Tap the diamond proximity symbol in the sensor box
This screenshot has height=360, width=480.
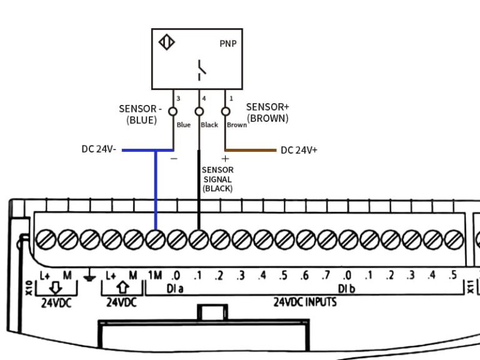[x=167, y=43]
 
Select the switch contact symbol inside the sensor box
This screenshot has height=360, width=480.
[x=201, y=69]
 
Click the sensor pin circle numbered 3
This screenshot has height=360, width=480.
[x=173, y=111]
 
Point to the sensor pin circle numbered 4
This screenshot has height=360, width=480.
[x=199, y=111]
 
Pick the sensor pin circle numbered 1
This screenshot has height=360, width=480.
[x=225, y=111]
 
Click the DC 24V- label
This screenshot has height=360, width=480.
[x=99, y=150]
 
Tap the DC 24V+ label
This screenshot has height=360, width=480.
[x=299, y=150]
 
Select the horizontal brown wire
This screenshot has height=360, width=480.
[x=250, y=150]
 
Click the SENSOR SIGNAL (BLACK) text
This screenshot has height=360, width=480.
[x=217, y=179]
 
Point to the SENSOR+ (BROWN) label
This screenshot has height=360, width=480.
[x=267, y=112]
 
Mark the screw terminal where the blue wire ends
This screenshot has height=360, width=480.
[x=155, y=239]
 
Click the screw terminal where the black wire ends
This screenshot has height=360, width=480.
[x=198, y=239]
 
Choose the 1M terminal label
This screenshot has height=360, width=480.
[x=154, y=276]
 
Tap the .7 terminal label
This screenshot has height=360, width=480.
[x=325, y=276]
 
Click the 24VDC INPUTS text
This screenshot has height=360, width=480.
[x=305, y=302]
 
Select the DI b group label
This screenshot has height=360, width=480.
[x=347, y=289]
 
